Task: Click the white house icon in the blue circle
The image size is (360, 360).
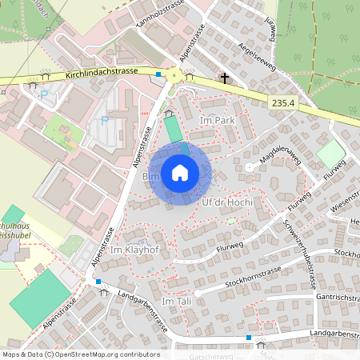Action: pos(180,173)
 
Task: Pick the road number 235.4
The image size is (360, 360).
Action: pos(284,102)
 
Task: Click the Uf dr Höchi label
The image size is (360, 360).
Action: pos(227,202)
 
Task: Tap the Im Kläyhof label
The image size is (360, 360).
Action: pos(136,250)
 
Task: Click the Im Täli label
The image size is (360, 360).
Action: pos(177,301)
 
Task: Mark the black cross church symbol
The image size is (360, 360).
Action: pos(226,78)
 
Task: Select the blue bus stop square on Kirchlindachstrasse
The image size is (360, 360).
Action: pos(158,75)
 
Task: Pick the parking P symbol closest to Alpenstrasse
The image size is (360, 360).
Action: pos(105,122)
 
